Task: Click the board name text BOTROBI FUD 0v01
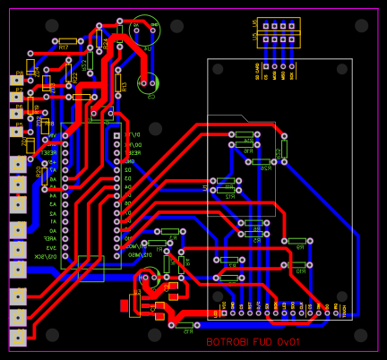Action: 254,341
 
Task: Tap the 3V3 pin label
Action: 52,248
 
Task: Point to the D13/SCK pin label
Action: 47,257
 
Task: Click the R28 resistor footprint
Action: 265,161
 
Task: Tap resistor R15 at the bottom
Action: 184,325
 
